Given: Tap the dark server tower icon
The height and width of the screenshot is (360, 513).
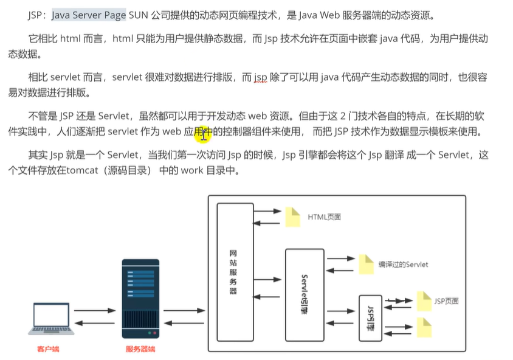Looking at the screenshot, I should coord(140,300).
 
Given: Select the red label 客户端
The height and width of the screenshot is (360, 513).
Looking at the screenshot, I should coord(48,349).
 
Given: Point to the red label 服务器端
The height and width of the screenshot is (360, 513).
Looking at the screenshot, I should coord(140,349).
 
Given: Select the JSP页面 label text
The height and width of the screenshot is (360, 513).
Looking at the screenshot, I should coord(446,300).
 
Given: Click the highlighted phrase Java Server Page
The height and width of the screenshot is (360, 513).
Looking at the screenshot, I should coord(89,15).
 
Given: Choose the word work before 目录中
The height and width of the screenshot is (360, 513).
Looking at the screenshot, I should coord(192,171).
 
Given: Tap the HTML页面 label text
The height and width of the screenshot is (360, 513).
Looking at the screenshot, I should coord(324,216).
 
